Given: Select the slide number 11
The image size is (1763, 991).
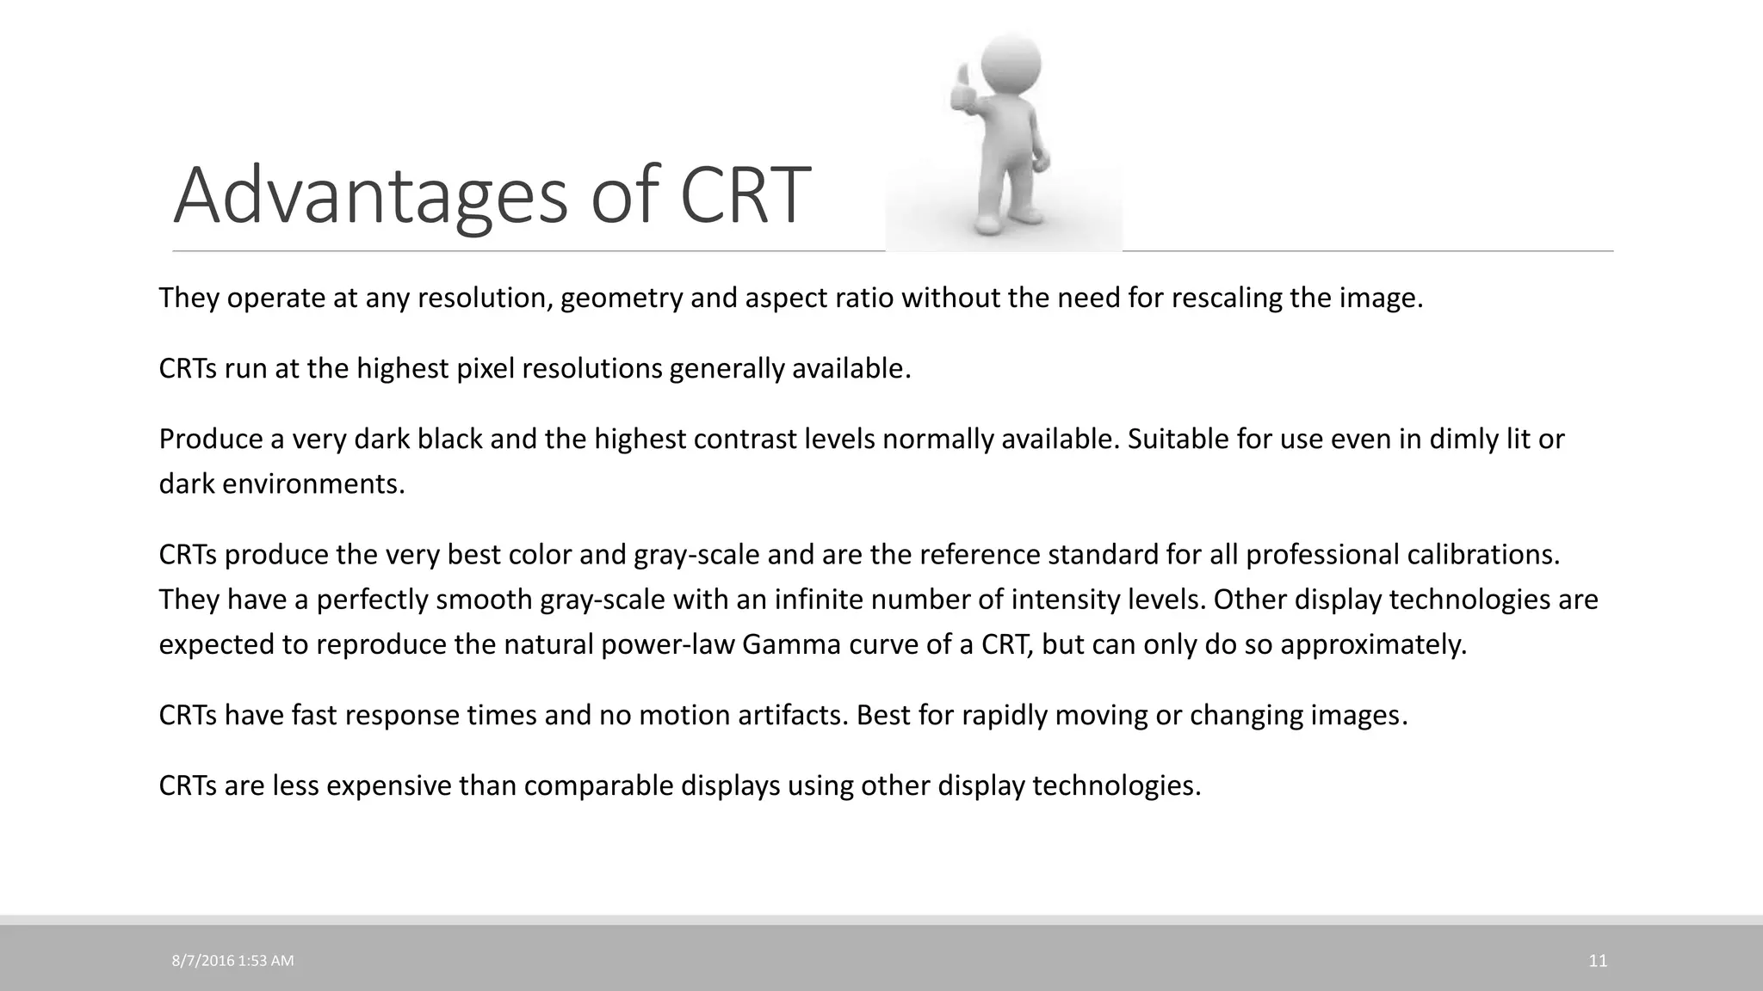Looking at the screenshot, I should point(1598,961).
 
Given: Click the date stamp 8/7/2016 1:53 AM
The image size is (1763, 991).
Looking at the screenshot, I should point(232,961).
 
